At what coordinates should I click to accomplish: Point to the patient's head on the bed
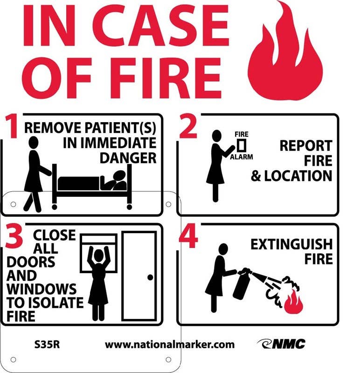tap(119, 176)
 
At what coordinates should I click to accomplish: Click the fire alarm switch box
tap(242, 144)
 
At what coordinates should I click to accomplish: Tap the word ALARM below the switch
tap(242, 157)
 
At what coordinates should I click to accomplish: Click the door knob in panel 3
tap(150, 277)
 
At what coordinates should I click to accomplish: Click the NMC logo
tap(281, 344)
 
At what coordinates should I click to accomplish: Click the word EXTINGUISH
tap(291, 244)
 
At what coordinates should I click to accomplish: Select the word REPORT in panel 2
tap(305, 145)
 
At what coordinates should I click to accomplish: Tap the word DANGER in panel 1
tap(128, 158)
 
